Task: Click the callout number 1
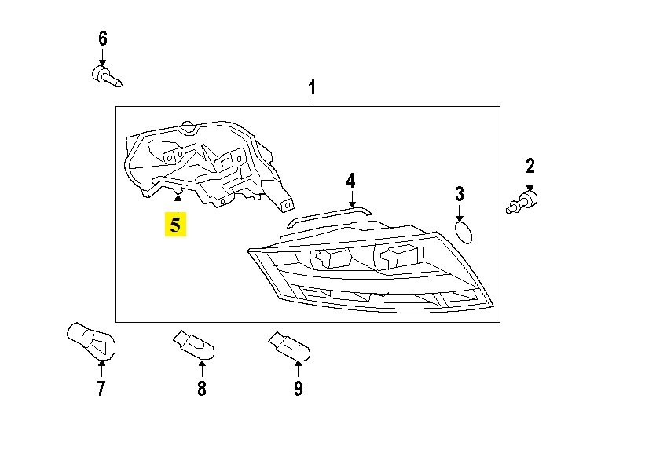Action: tap(312, 86)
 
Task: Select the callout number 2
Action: tap(530, 166)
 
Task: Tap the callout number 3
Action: tap(460, 192)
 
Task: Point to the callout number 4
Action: tap(351, 181)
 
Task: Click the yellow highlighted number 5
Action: tap(175, 225)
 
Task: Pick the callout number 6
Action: tap(102, 38)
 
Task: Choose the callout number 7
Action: tap(101, 388)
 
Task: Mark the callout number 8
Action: tap(201, 388)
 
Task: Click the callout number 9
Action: tap(298, 388)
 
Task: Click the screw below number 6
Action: tap(105, 76)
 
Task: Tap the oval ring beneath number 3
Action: tap(464, 232)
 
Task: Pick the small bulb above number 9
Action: tap(288, 344)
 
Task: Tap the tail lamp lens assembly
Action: tap(369, 271)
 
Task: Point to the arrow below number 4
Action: tap(351, 200)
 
